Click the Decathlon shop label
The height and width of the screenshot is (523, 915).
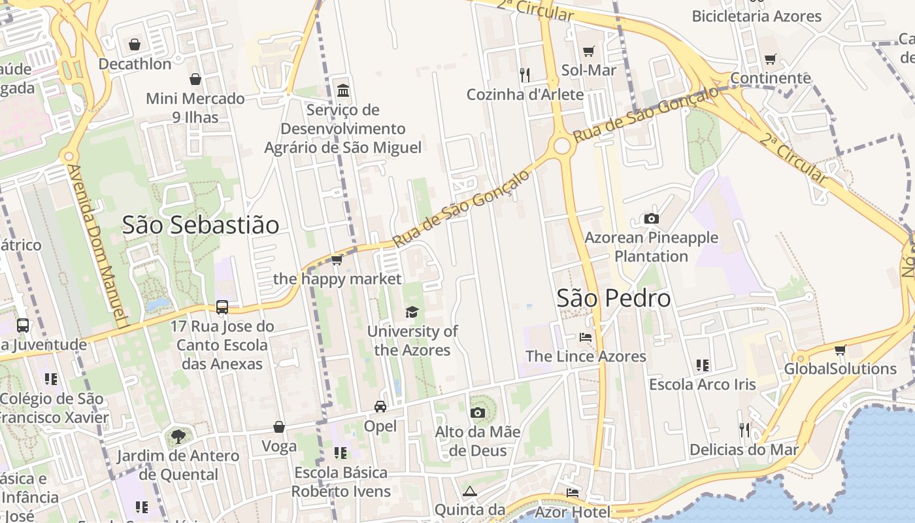click(135, 64)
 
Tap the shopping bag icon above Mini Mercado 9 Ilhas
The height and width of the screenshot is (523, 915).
click(195, 80)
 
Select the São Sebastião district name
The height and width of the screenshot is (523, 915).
click(201, 225)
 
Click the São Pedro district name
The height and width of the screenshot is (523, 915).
click(614, 298)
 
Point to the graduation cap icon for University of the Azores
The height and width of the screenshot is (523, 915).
click(412, 312)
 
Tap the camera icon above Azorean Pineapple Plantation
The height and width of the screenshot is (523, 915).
click(651, 219)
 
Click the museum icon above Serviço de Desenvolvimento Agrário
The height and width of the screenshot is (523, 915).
click(342, 90)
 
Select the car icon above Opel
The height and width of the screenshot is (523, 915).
click(380, 407)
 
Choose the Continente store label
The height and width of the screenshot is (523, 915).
click(770, 78)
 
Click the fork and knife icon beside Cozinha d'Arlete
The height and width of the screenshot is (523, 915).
click(524, 75)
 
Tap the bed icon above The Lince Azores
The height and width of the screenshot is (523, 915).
click(586, 337)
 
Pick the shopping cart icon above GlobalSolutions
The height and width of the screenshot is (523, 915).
click(840, 350)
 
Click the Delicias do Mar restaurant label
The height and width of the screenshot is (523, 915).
click(744, 450)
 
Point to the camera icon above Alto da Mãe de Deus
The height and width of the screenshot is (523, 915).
click(478, 413)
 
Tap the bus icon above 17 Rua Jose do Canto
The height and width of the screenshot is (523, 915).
click(222, 307)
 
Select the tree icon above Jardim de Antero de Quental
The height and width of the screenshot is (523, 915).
click(178, 436)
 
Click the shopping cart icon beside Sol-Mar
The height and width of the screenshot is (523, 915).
click(588, 51)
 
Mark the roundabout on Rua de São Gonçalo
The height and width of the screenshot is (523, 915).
click(562, 146)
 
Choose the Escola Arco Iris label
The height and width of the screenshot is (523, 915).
click(702, 384)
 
